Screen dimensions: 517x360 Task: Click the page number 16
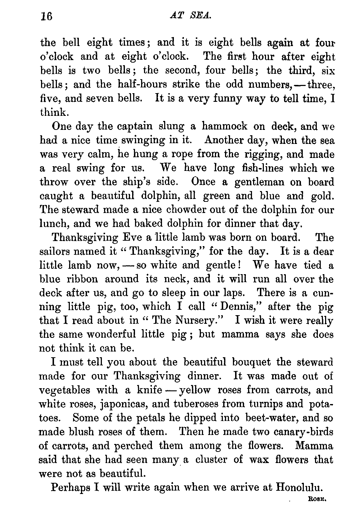46,17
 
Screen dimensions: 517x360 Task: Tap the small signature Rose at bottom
317,499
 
